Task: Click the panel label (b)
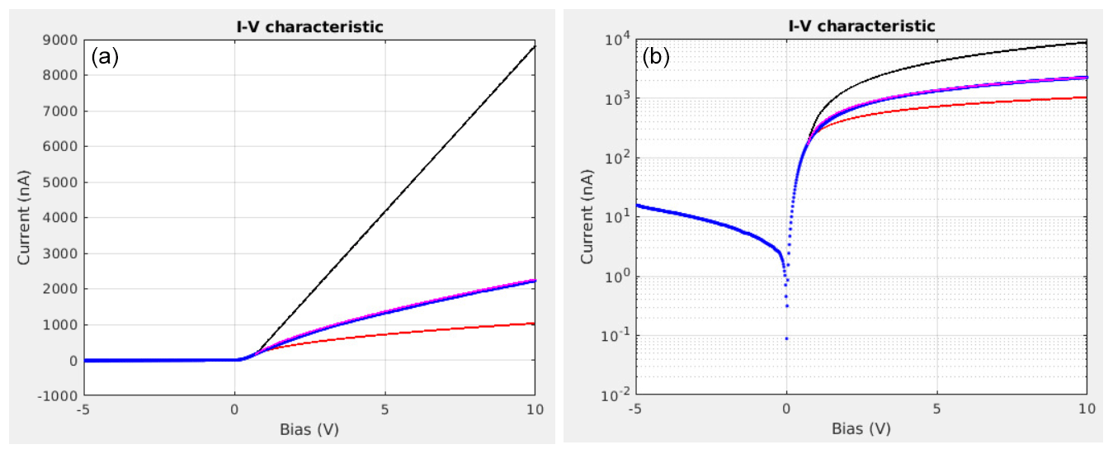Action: point(657,57)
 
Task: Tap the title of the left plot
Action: point(309,26)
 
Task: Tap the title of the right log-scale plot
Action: point(861,26)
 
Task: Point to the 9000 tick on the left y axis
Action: point(61,40)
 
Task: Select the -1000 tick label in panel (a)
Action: point(59,396)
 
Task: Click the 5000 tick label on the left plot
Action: point(61,182)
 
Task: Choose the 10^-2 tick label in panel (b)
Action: point(615,395)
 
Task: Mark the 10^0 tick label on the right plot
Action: point(616,277)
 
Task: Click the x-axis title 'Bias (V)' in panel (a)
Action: point(309,429)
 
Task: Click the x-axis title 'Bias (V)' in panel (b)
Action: point(861,429)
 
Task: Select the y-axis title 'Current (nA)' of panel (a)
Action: point(25,218)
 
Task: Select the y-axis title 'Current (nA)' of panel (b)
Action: point(587,218)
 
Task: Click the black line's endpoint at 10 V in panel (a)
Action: point(535,46)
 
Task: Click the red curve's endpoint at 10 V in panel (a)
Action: point(535,324)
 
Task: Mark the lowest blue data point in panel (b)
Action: point(786,338)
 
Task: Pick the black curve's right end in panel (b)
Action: point(1087,42)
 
